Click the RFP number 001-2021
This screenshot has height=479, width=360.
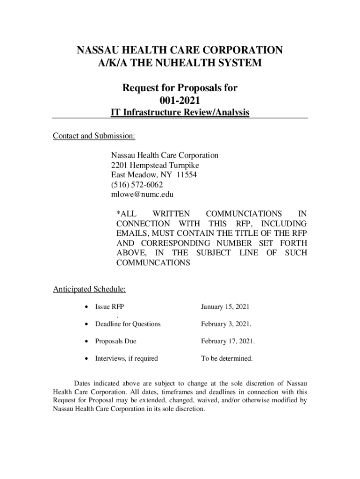[x=180, y=100]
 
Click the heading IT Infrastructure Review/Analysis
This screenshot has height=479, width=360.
[x=180, y=112]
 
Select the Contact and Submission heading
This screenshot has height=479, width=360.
[x=94, y=136]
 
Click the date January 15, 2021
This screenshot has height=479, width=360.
[x=225, y=307]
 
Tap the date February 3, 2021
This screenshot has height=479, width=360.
[x=226, y=324]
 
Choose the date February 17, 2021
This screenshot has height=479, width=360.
[x=228, y=341]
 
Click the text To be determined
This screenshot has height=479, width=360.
[x=227, y=359]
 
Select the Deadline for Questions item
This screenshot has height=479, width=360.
[x=128, y=324]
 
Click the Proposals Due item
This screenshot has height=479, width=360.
[x=115, y=341]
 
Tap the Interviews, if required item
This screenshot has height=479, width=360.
[x=126, y=359]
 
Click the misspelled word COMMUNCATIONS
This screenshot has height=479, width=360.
[x=153, y=263]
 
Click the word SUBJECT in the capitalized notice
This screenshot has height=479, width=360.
[x=213, y=253]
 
